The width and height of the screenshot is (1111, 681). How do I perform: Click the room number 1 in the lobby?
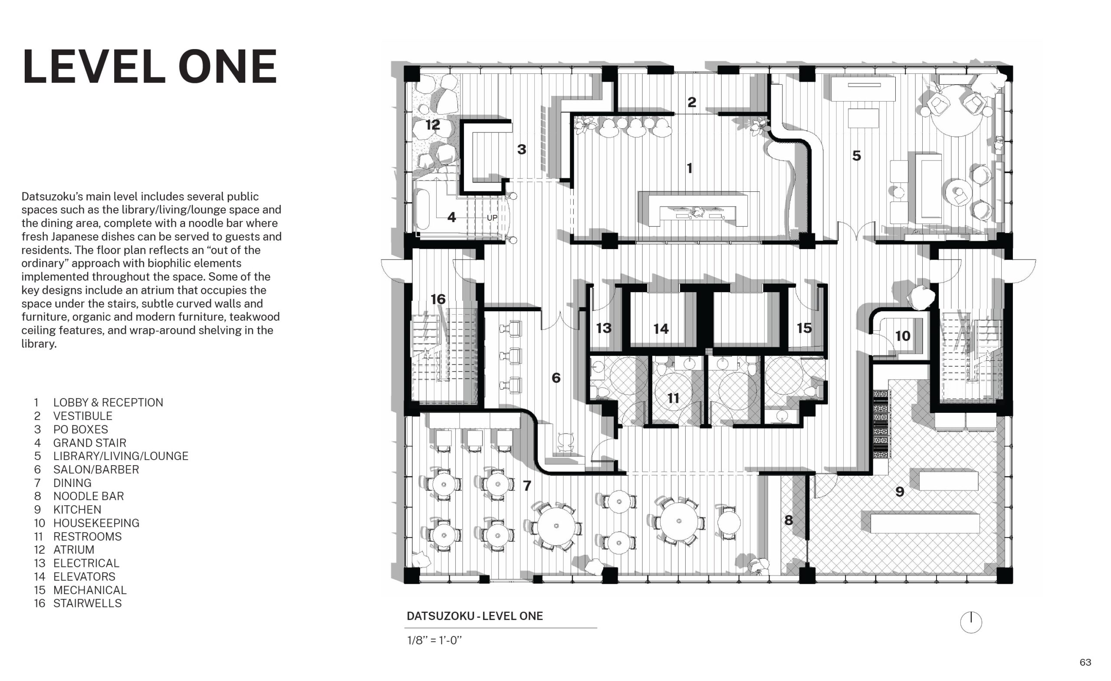tap(690, 168)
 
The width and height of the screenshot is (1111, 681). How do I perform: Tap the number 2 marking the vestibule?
tap(692, 102)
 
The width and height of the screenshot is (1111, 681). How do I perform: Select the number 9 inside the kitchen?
tap(900, 492)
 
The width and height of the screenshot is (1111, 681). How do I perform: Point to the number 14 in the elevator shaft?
tap(661, 329)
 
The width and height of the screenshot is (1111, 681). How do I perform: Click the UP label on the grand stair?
tap(492, 218)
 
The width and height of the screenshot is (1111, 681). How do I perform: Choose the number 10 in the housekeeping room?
tap(903, 336)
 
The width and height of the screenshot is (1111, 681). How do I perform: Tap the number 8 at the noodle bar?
tap(789, 520)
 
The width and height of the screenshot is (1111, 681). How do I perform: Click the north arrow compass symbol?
tap(971, 622)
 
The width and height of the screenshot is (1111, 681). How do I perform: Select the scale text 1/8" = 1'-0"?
tap(435, 640)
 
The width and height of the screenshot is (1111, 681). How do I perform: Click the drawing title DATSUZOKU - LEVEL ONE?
tap(475, 616)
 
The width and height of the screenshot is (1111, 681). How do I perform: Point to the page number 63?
tap(1085, 662)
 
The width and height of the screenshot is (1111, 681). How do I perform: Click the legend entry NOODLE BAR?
tap(89, 496)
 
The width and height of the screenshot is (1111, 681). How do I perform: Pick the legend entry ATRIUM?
tap(74, 550)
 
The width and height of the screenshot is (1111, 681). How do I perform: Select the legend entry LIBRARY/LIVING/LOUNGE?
tap(121, 456)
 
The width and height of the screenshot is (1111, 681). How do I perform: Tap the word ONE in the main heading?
tap(228, 67)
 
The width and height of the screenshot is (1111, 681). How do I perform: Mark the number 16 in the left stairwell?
tap(438, 299)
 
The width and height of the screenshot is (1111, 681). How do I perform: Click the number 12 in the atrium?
tap(433, 125)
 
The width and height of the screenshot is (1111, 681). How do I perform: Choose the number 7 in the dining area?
tap(527, 486)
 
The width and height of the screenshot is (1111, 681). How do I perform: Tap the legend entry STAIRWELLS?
tap(88, 603)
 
